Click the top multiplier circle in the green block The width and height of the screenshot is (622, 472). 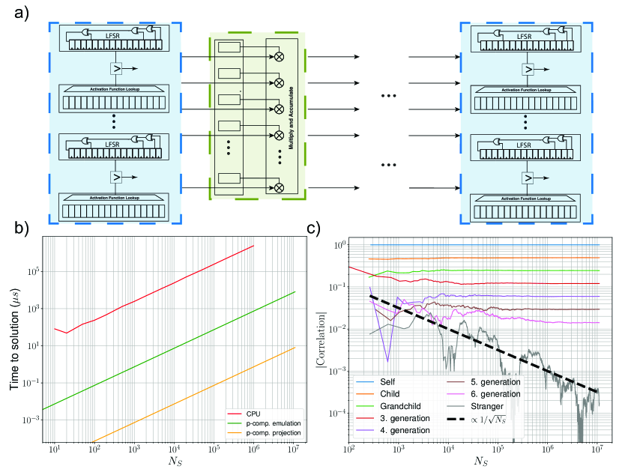coord(280,56)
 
